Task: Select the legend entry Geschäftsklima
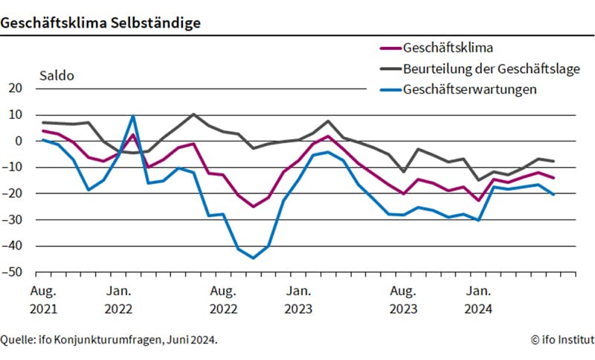pyautogui.click(x=448, y=48)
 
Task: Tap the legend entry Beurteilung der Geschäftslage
pyautogui.click(x=491, y=69)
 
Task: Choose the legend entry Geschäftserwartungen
pyautogui.click(x=470, y=89)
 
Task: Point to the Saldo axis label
pyautogui.click(x=57, y=75)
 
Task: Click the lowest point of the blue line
pyautogui.click(x=253, y=258)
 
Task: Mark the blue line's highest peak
pyautogui.click(x=133, y=115)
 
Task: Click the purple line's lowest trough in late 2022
pyautogui.click(x=253, y=206)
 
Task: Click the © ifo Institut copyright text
pyautogui.click(x=562, y=339)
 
